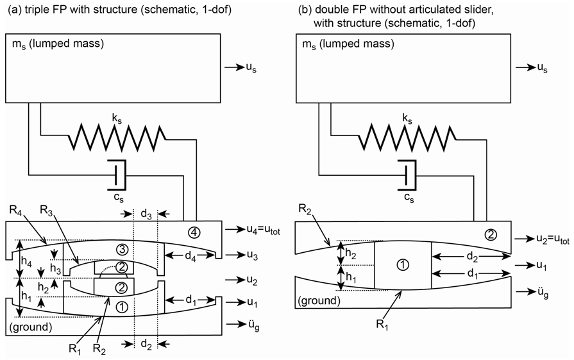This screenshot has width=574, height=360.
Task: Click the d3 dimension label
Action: [146, 212]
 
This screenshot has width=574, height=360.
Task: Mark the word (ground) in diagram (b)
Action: [316, 300]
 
